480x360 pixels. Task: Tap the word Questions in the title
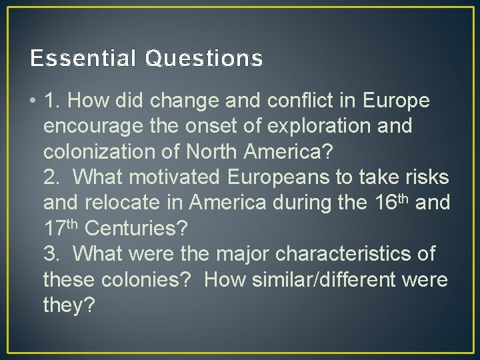tap(203, 60)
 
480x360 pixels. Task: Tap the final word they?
tap(69, 305)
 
